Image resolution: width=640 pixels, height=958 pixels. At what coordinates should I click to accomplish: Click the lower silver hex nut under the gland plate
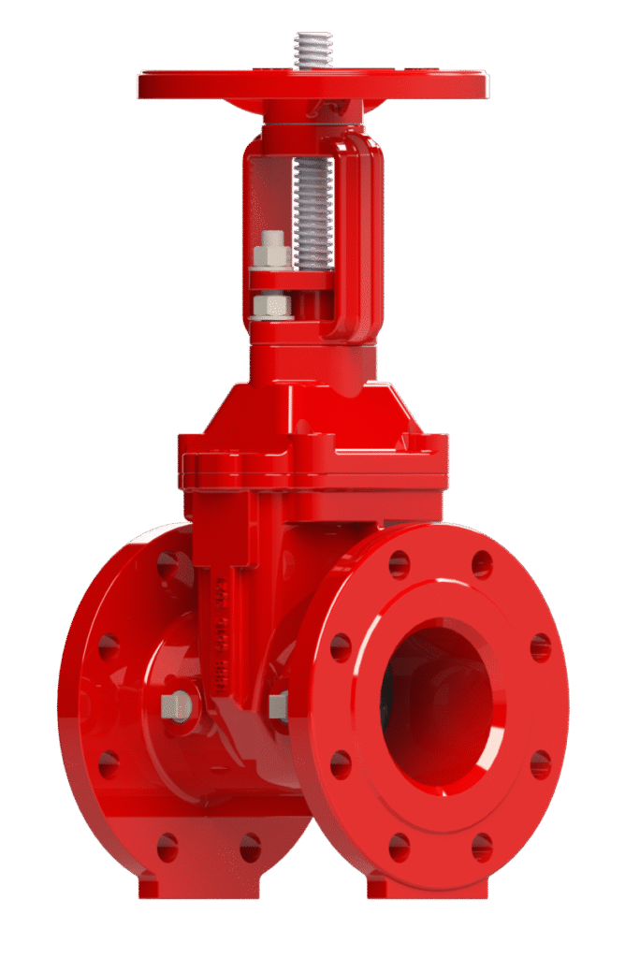tap(273, 305)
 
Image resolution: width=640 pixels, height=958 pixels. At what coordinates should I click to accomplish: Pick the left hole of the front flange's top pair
tap(400, 564)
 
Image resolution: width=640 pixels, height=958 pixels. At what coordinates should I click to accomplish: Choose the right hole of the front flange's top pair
tap(481, 564)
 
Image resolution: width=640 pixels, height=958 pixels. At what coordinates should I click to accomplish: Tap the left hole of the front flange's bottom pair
tap(400, 847)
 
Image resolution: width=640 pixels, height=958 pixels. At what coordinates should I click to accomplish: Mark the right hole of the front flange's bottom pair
tap(481, 847)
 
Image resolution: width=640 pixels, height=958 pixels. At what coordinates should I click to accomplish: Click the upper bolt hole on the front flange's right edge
tap(540, 646)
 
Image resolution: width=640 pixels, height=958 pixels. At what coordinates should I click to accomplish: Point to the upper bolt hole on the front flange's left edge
tap(341, 646)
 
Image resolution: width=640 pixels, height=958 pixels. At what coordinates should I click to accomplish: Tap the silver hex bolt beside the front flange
tap(279, 706)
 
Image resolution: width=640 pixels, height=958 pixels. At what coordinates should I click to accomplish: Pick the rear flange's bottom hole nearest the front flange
tap(250, 848)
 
